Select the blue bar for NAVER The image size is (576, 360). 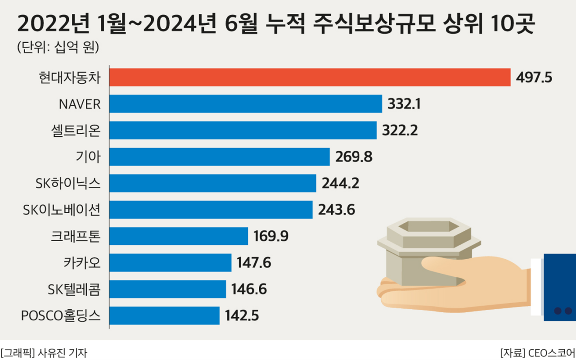245,104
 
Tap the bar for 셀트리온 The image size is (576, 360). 243,130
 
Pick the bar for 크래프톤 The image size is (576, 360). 179,236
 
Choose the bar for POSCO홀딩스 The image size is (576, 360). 164,315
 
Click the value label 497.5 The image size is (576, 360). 534,77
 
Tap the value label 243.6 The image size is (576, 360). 337,210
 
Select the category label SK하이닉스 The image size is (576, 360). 67,183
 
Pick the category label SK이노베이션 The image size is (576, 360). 62,210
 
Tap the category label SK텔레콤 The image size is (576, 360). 74,289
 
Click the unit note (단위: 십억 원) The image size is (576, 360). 58,47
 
